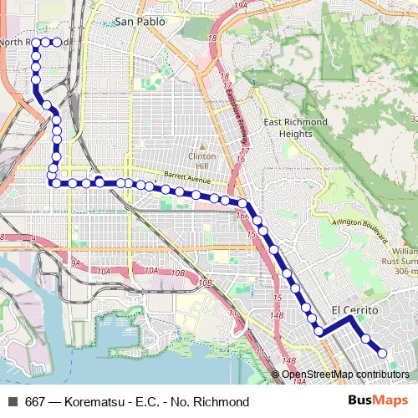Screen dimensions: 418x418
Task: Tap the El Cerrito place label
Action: click(x=354, y=310)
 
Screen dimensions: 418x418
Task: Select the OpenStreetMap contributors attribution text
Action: click(x=345, y=375)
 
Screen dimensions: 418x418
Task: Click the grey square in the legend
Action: click(x=12, y=402)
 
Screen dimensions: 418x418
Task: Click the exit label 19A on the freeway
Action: click(x=242, y=5)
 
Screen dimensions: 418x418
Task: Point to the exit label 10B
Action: click(x=177, y=273)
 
